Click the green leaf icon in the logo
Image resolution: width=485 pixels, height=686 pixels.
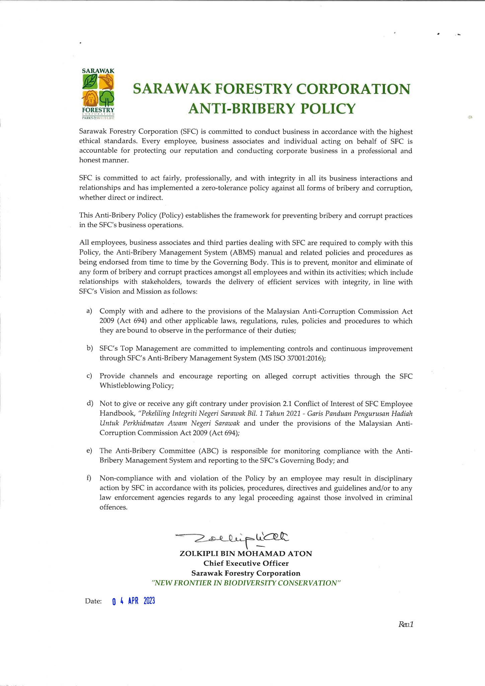tap(90, 81)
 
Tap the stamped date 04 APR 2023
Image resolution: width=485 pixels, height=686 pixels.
tap(134, 601)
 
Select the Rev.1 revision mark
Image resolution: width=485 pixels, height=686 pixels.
tap(406, 624)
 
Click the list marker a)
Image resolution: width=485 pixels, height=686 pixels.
tap(89, 311)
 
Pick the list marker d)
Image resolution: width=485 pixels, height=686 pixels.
tap(89, 403)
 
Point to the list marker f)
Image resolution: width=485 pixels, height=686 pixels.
tap(89, 478)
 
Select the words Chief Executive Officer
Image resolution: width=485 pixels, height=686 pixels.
tap(246, 563)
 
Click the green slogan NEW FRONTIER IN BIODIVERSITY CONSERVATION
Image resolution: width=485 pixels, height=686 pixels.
tap(246, 583)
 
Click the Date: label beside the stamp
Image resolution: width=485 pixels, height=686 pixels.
tap(93, 601)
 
